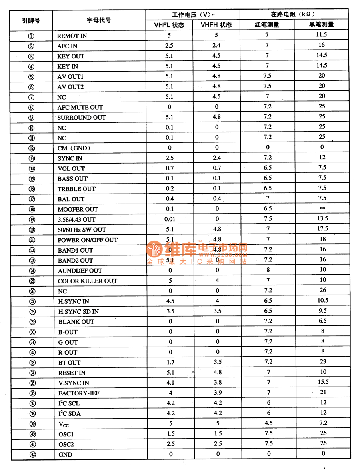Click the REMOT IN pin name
[x=72, y=36]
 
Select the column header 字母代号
[x=99, y=20]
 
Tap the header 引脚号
[x=31, y=20]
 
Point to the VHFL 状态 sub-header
[x=169, y=25]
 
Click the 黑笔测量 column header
[x=322, y=24]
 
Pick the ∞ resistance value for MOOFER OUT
[x=322, y=208]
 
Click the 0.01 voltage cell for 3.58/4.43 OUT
[x=170, y=219]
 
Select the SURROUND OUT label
[x=82, y=118]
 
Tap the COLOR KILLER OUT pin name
[x=88, y=281]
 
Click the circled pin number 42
[x=32, y=455]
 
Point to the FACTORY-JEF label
[x=79, y=393]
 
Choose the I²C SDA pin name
[x=69, y=414]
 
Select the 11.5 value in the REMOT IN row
[x=322, y=35]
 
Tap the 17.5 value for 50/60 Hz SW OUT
[x=322, y=228]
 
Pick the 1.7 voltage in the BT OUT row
[x=170, y=363]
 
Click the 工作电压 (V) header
[x=192, y=15]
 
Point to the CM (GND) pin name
[x=74, y=148]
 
